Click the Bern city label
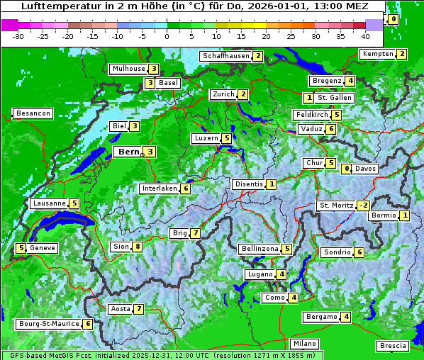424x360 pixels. point(128,152)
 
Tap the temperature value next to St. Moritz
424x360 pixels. point(363,206)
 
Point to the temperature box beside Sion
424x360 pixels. point(137,247)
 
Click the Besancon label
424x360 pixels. point(33,113)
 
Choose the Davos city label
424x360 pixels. point(366,169)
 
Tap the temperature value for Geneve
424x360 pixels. point(21,248)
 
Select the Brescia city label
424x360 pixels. point(393,346)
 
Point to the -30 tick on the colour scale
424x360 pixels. point(18,35)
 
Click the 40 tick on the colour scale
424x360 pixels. point(365,35)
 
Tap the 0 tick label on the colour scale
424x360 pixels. point(167,35)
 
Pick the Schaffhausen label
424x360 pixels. point(225,56)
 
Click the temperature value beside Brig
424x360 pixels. point(195,233)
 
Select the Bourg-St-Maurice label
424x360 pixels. point(48,324)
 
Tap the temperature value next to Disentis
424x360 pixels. point(271,184)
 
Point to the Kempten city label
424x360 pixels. point(377,54)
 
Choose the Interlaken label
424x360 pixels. point(159,189)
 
